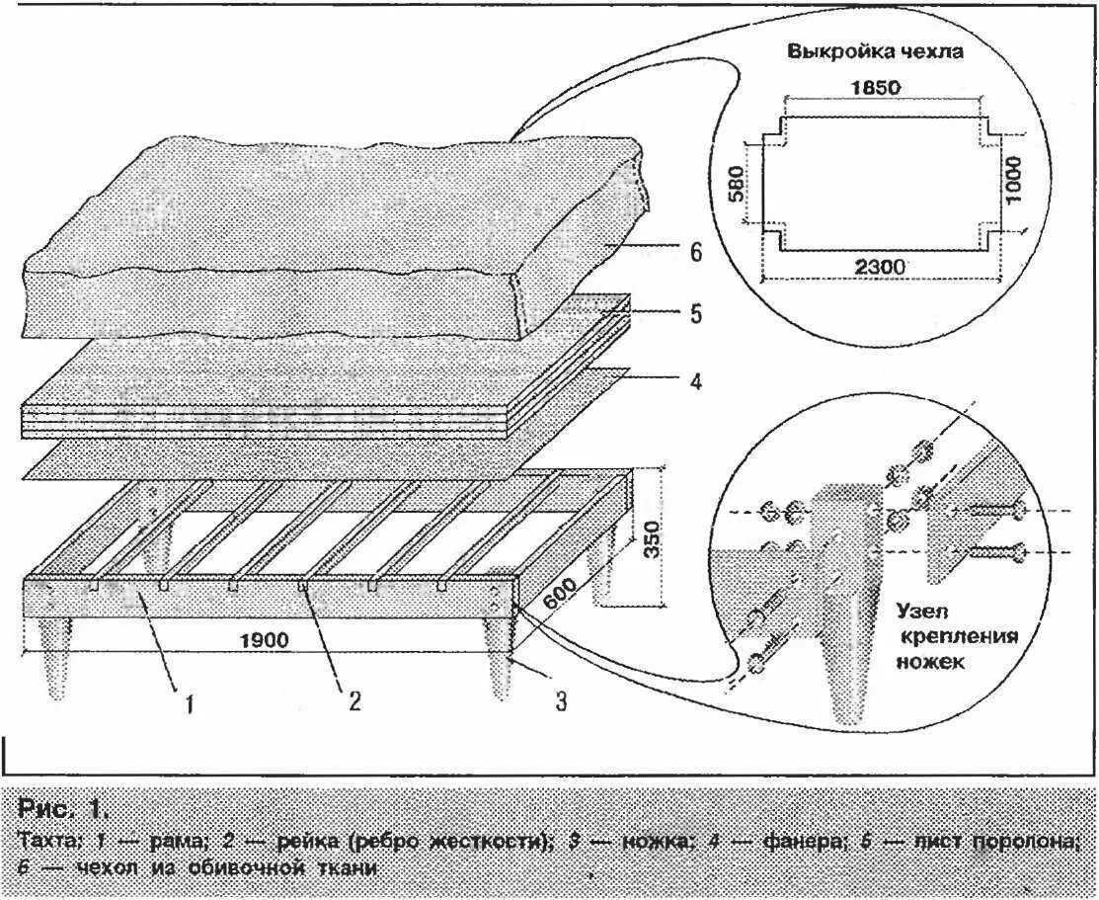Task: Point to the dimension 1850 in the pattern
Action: tap(875, 87)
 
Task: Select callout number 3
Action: tap(560, 701)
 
